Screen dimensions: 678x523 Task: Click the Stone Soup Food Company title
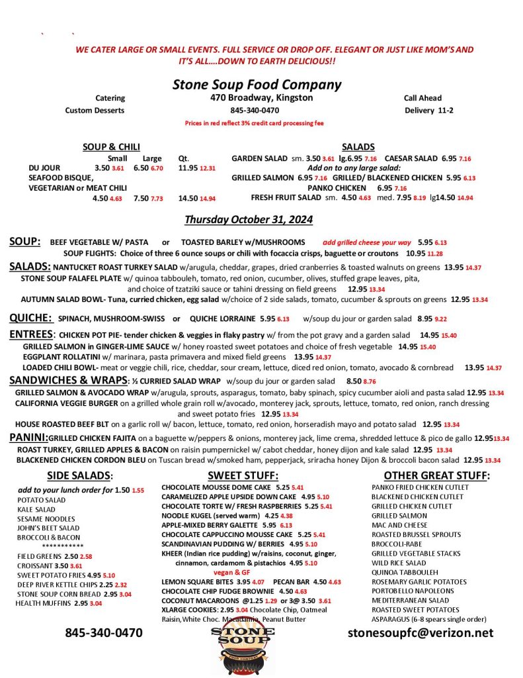257,85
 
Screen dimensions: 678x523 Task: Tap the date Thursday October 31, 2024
248,220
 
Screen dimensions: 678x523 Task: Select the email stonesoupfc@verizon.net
421,633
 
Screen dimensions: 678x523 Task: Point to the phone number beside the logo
103,633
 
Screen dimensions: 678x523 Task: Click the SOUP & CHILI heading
110,147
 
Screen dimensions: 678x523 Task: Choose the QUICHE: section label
30,318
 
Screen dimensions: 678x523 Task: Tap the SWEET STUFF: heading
237,475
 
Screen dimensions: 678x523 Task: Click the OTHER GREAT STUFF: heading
436,475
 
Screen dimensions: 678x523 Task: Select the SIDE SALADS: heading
80,475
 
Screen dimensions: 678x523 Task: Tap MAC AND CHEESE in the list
399,525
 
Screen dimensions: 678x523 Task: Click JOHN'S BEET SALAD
48,528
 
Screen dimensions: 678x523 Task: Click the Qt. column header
184,159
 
